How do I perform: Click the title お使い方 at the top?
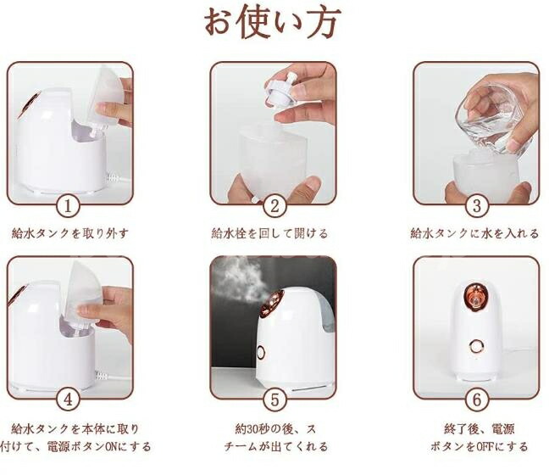pyautogui.click(x=273, y=23)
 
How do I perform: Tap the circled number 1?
pyautogui.click(x=68, y=206)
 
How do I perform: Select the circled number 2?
pyautogui.click(x=274, y=206)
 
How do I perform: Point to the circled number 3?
pyautogui.click(x=477, y=206)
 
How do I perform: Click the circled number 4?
pyautogui.click(x=68, y=400)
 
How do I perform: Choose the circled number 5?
pyautogui.click(x=274, y=400)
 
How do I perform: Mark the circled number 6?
pyautogui.click(x=477, y=400)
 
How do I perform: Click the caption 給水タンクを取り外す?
pyautogui.click(x=70, y=233)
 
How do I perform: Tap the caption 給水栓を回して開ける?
pyautogui.click(x=269, y=233)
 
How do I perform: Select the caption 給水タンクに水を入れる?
pyautogui.click(x=474, y=233)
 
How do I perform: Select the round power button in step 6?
pyautogui.click(x=476, y=347)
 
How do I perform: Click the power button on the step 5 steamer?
pyautogui.click(x=261, y=352)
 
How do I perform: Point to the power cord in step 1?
pyautogui.click(x=117, y=179)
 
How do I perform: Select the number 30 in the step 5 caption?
pyautogui.click(x=252, y=428)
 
